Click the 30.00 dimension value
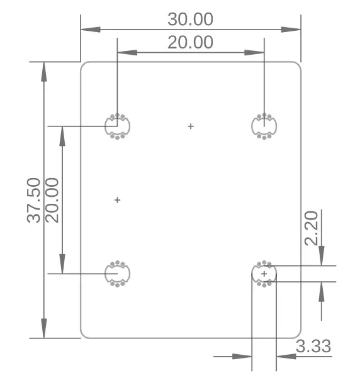(x=190, y=19)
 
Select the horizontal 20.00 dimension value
(x=190, y=42)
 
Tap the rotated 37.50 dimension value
(x=34, y=200)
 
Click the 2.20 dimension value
(x=312, y=229)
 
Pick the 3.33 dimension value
(x=313, y=346)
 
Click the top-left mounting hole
(x=117, y=126)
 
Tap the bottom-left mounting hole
(x=117, y=274)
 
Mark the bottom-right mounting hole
(x=264, y=274)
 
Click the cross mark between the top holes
(x=191, y=126)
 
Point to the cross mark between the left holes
(x=117, y=200)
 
